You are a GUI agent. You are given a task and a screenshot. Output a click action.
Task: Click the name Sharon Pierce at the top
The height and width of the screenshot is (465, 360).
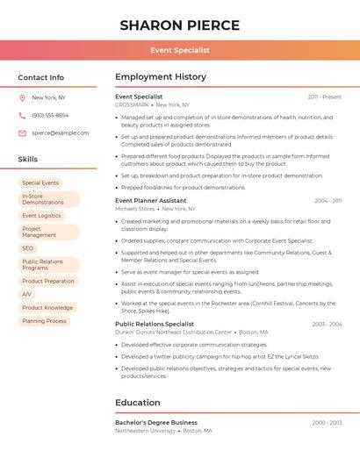(x=179, y=25)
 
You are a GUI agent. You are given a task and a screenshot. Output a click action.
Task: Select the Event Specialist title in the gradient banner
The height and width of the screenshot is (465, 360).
(x=179, y=50)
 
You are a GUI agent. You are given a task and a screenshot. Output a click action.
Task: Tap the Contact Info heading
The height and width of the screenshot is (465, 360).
(x=40, y=77)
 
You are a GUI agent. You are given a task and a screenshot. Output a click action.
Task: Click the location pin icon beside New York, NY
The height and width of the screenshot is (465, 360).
(x=23, y=97)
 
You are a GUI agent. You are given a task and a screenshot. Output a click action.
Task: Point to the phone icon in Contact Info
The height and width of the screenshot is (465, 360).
(x=23, y=115)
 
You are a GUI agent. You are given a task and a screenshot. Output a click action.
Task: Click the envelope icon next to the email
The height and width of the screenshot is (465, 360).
(x=23, y=132)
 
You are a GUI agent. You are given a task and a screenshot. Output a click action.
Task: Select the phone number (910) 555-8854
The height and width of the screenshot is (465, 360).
(x=50, y=115)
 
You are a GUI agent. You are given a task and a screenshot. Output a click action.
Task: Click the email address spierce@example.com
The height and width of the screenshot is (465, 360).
(x=60, y=132)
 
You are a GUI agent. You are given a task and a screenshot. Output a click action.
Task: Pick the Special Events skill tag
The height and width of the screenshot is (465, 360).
(x=40, y=182)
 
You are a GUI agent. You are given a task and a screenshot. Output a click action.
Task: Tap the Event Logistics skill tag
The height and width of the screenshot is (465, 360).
(x=41, y=215)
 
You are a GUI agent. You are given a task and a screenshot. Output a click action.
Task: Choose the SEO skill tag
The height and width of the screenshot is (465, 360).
(x=28, y=248)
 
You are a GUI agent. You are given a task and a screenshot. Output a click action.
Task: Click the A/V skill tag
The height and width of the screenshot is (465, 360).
(x=27, y=294)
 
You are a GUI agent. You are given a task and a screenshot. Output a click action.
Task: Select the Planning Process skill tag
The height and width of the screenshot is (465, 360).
(x=44, y=321)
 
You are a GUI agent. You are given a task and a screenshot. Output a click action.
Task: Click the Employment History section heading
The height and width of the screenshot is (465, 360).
(x=161, y=77)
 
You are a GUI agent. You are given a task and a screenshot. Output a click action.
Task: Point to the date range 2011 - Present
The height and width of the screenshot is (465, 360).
(x=325, y=97)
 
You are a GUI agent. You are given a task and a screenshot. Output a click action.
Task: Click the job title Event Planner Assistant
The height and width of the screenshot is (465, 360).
(x=150, y=200)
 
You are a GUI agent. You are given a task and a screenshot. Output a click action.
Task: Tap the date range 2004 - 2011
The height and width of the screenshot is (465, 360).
(x=328, y=201)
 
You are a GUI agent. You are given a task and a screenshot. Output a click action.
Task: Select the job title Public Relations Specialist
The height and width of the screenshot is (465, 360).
(x=155, y=324)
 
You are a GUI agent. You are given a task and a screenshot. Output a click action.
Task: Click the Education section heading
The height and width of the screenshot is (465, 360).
(x=138, y=403)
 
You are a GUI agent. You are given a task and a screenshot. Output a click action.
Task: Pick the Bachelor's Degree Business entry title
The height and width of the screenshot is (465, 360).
(x=156, y=422)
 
